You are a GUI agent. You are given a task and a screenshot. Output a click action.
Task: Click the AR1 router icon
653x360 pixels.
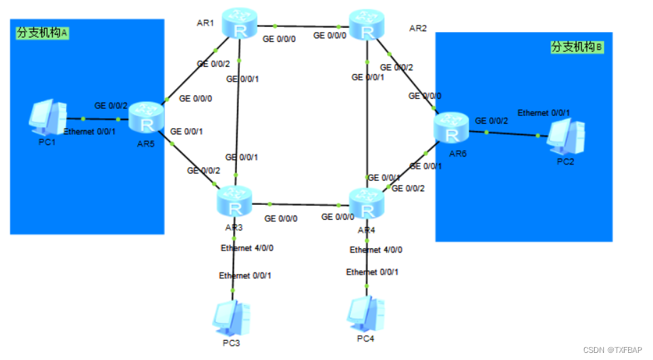pos(238,24)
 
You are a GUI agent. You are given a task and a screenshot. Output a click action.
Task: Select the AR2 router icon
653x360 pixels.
pos(367,26)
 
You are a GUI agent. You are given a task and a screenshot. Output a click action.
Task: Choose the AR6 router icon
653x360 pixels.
pos(452,128)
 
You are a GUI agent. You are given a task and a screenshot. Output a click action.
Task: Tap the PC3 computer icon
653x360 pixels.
pos(231,318)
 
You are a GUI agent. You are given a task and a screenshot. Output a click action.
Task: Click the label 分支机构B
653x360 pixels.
pos(577,47)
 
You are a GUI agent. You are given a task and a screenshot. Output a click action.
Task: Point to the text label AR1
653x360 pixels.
pos(206,23)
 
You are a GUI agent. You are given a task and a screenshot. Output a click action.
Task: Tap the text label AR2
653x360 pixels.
pos(418,28)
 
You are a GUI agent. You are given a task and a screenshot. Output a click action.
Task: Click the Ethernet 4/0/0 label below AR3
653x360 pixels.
pos(247,248)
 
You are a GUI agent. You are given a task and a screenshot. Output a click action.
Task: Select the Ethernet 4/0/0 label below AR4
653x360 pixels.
pos(376,250)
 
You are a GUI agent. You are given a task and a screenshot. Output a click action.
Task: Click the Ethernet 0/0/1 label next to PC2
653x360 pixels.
pos(543,112)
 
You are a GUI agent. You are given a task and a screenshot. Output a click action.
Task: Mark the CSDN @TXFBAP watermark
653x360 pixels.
pos(612,350)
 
